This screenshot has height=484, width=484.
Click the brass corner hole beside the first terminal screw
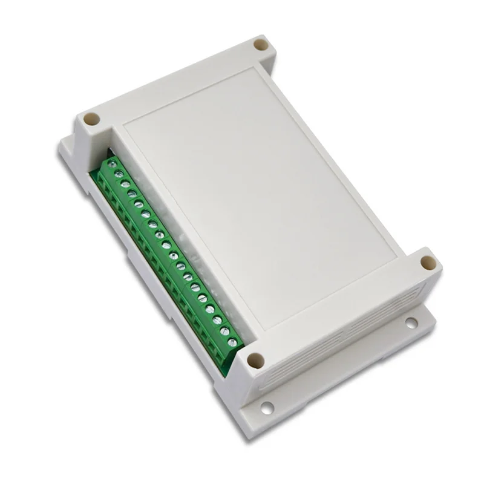pyautogui.click(x=91, y=119)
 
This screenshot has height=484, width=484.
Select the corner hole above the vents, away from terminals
pyautogui.click(x=428, y=263)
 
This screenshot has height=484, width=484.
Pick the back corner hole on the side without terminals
pyautogui.click(x=261, y=45)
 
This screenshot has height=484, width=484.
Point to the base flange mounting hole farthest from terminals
pyautogui.click(x=411, y=322)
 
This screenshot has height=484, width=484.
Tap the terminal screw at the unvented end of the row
pyautogui.click(x=112, y=164)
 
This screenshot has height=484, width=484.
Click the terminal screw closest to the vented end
pyautogui.click(x=232, y=342)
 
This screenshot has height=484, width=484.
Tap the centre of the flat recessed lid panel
pyautogui.click(x=260, y=194)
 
